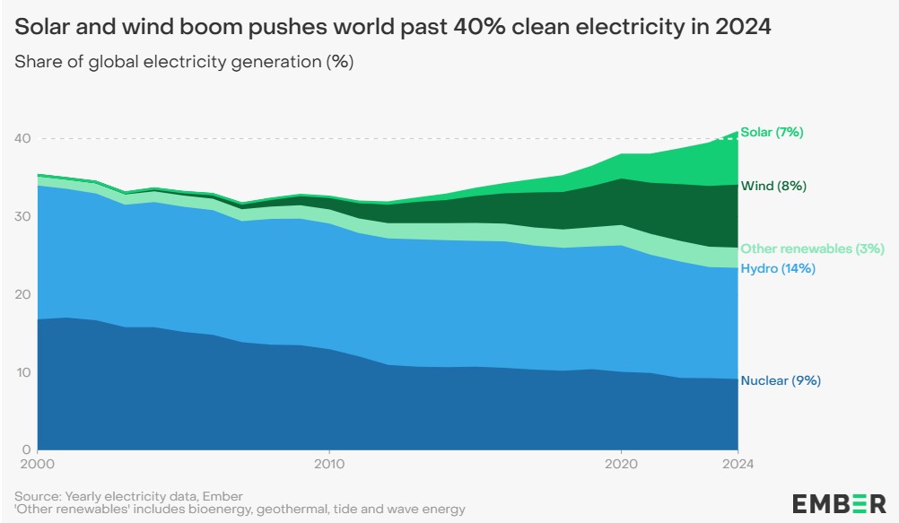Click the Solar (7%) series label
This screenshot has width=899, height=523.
click(x=772, y=132)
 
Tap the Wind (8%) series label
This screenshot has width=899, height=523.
click(x=773, y=187)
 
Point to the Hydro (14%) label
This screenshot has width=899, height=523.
click(x=777, y=268)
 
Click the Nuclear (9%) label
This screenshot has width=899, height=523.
click(x=781, y=380)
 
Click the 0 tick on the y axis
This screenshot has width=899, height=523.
click(x=27, y=449)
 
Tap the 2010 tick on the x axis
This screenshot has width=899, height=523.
click(x=329, y=464)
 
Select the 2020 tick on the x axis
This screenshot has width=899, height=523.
click(x=621, y=464)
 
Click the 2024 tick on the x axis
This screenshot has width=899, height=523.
click(x=738, y=464)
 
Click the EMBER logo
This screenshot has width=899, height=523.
click(x=839, y=503)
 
